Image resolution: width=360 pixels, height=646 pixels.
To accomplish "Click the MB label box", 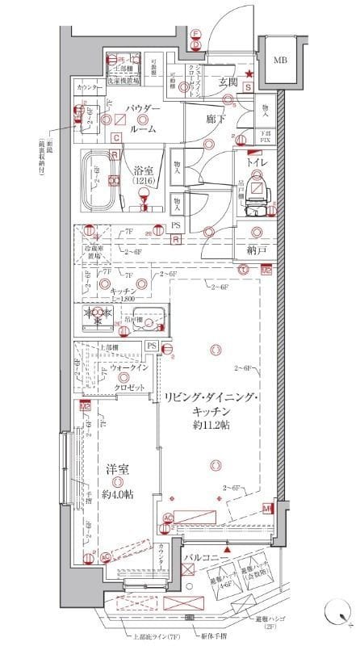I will (279, 61).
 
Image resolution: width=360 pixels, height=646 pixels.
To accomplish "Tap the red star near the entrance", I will (249, 75).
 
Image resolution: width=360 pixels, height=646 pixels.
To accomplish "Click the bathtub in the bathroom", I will (99, 179).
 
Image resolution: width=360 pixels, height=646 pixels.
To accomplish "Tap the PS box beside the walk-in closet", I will (151, 346).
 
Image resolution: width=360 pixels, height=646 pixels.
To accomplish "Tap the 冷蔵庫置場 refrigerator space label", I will (95, 254).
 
